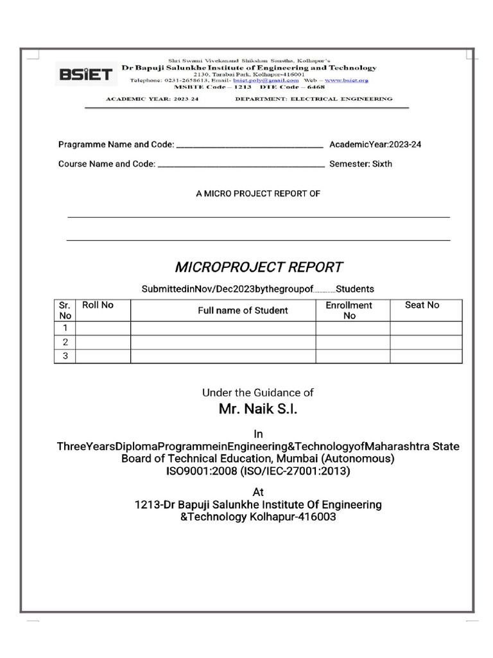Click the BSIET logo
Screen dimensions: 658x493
[x=85, y=75]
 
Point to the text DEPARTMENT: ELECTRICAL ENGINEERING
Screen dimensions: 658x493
[x=314, y=99]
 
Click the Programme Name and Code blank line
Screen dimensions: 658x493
[x=249, y=146]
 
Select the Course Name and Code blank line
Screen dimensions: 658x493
[x=241, y=165]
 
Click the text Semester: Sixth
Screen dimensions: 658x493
[x=361, y=164]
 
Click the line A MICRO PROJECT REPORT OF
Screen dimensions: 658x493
[x=258, y=193]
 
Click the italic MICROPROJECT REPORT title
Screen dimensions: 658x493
[x=258, y=267]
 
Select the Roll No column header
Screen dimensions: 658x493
[x=98, y=305]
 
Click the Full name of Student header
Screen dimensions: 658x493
[x=243, y=310]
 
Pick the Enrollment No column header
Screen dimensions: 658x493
[x=349, y=310]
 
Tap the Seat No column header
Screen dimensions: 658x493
[x=422, y=305]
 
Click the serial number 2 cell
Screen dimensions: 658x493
[x=65, y=342]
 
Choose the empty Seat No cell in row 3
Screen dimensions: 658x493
[x=426, y=356]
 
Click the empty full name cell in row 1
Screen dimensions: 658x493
[x=223, y=328]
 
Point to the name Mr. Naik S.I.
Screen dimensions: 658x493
[x=258, y=409]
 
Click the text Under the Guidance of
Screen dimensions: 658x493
[x=258, y=392]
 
